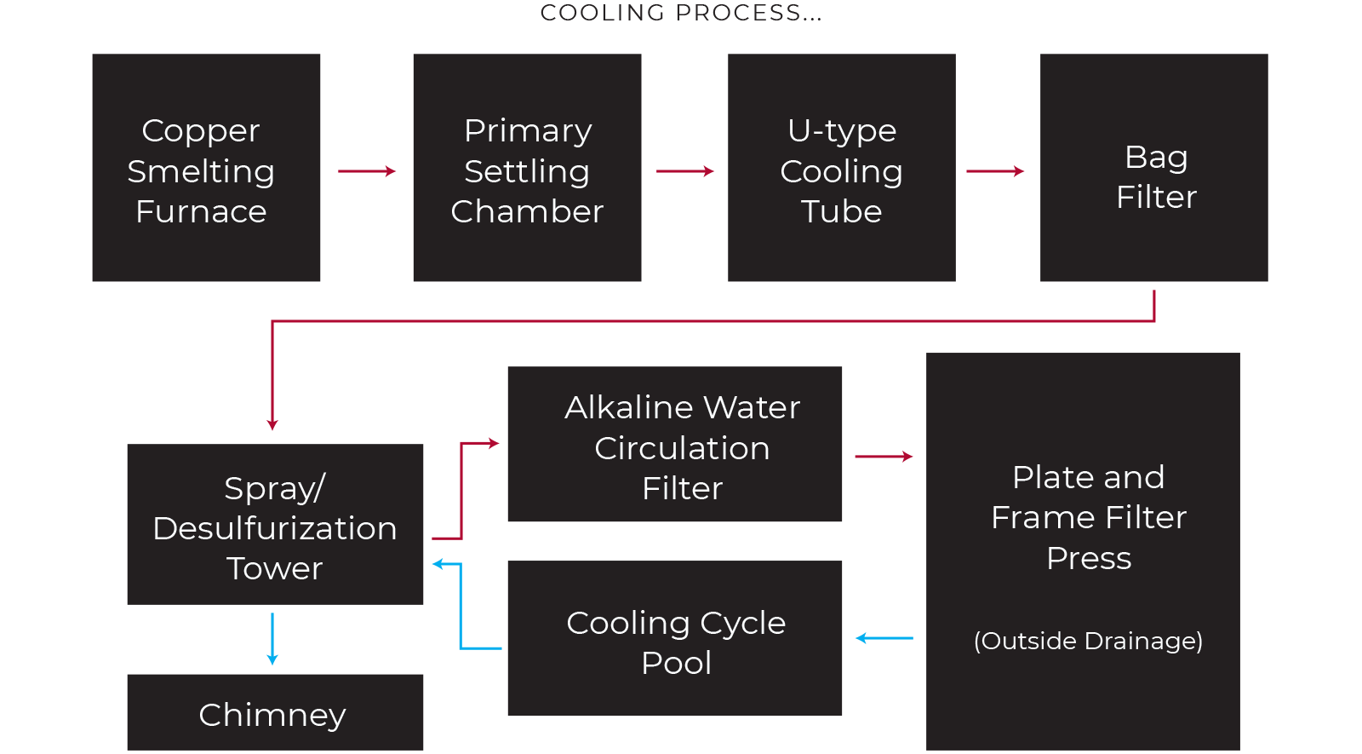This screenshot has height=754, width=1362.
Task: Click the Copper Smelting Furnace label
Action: pos(201,171)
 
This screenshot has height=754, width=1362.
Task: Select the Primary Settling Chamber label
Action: pos(527,171)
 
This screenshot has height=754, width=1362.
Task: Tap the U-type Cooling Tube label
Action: pos(841,171)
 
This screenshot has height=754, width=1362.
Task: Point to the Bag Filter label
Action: pos(1156,177)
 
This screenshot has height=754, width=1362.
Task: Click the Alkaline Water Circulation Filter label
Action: pos(682,448)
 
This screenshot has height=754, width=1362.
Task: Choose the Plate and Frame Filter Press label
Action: pos(1089,517)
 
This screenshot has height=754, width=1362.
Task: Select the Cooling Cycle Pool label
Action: pos(676,642)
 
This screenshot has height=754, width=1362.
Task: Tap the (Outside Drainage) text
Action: pos(1088,641)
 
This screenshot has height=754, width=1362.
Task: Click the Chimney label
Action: pos(272,715)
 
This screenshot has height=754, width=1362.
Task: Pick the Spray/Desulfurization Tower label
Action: pos(274,528)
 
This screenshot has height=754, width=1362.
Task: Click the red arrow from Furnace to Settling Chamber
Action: pos(358,173)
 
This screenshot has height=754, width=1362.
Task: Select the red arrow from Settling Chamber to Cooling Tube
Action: pos(677,173)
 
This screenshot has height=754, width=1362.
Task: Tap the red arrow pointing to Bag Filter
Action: pos(989,173)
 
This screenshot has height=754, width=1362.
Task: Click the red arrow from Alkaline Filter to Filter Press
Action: pos(877,458)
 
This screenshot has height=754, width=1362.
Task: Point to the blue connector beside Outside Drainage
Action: pos(877,638)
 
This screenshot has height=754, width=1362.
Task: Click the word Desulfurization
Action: pos(274,528)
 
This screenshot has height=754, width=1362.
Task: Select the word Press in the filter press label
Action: pos(1089,559)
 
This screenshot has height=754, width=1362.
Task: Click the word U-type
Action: pos(841,131)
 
